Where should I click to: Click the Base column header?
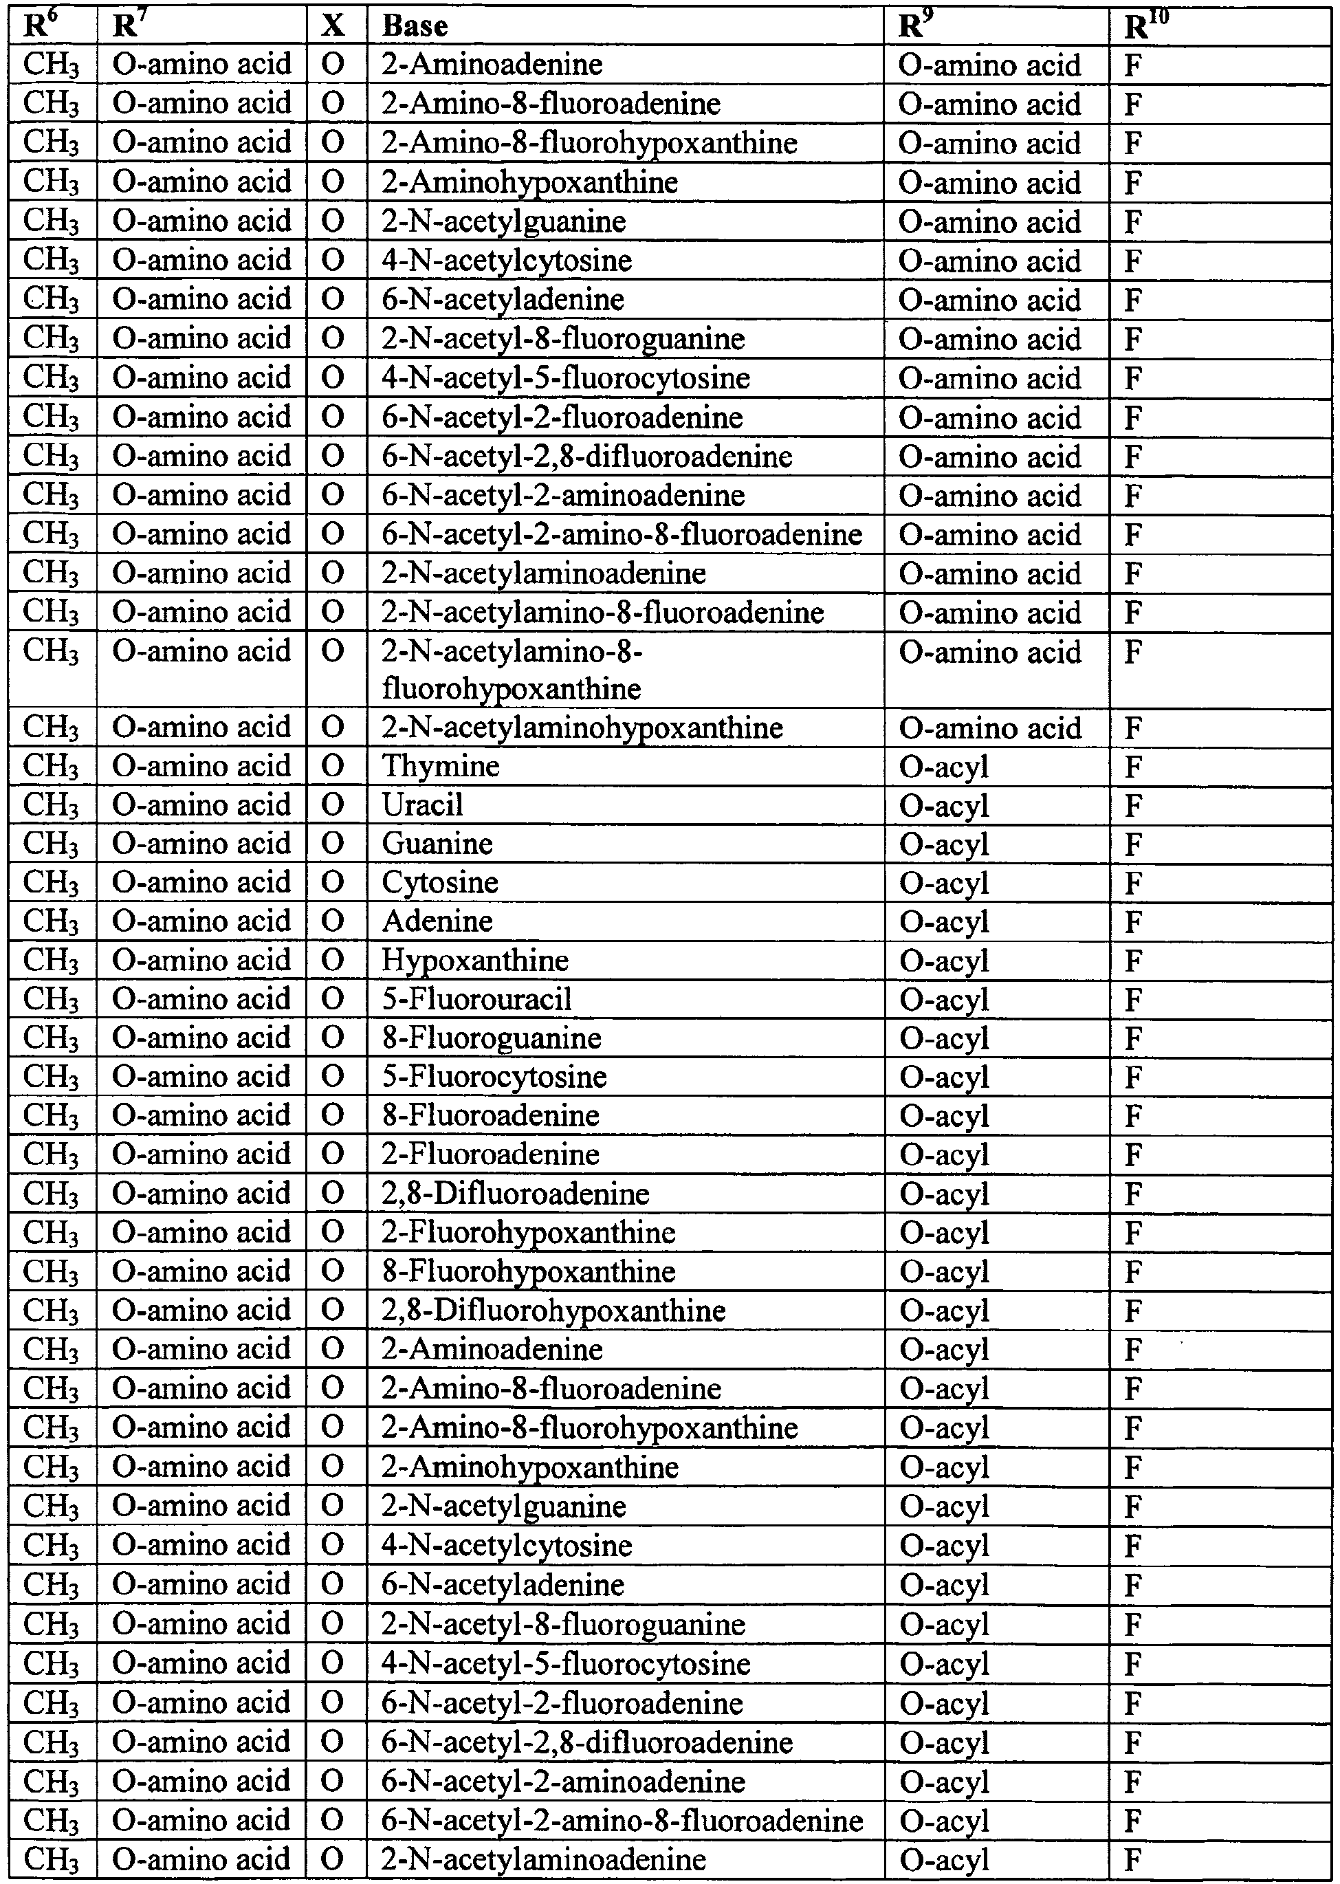click(415, 25)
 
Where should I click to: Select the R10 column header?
click(1147, 25)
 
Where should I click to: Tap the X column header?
click(333, 25)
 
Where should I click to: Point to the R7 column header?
click(124, 25)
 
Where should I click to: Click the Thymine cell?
click(441, 767)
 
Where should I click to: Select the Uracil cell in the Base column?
click(422, 805)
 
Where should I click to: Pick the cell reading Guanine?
click(437, 844)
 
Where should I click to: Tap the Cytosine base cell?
click(440, 883)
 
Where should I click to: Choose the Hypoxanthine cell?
click(475, 961)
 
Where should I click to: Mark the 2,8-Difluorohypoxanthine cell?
click(553, 1311)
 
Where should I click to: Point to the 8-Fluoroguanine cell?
click(492, 1038)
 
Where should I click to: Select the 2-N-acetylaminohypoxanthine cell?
click(582, 728)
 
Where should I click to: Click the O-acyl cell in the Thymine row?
click(944, 767)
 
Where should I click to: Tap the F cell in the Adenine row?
click(1133, 922)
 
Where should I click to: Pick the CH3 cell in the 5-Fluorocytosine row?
click(51, 1077)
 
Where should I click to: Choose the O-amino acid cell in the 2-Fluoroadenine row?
click(201, 1154)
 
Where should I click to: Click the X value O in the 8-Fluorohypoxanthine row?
click(333, 1271)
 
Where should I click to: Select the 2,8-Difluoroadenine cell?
click(516, 1194)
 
